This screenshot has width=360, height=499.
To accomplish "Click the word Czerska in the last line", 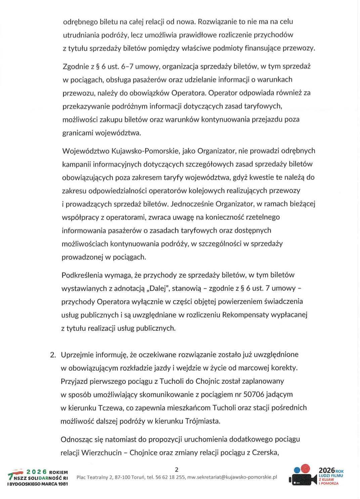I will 267,453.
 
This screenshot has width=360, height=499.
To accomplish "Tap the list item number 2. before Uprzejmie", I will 53,355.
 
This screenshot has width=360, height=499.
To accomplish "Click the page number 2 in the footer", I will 177,469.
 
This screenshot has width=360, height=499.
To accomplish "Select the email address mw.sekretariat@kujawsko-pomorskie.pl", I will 232,477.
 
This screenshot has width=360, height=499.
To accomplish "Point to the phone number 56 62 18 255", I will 172,477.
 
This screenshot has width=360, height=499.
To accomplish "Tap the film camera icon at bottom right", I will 302,475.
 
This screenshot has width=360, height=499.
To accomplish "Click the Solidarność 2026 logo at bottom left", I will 38,477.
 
